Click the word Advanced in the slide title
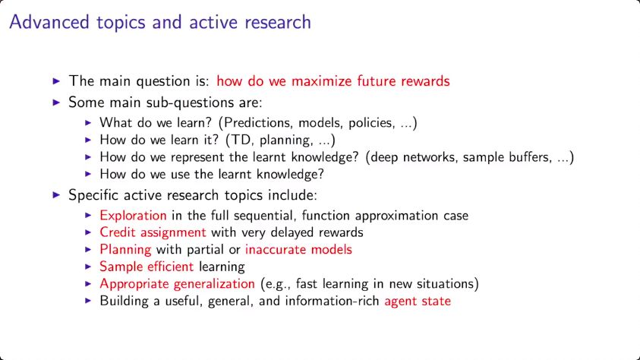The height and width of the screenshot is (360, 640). pyautogui.click(x=49, y=22)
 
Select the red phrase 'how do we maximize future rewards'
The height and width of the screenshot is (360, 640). pyautogui.click(x=333, y=81)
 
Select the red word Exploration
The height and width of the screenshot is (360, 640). pyautogui.click(x=133, y=216)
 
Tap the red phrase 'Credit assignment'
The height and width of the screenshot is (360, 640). pyautogui.click(x=153, y=232)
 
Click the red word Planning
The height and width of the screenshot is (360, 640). pyautogui.click(x=125, y=249)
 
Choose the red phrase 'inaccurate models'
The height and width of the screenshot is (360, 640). pyautogui.click(x=298, y=249)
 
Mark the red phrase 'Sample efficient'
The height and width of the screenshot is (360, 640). pyautogui.click(x=147, y=267)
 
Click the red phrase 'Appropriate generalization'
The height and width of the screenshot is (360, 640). pyautogui.click(x=177, y=284)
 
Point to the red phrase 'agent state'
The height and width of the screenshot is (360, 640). pyautogui.click(x=418, y=302)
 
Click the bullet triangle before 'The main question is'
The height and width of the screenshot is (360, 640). pyautogui.click(x=57, y=81)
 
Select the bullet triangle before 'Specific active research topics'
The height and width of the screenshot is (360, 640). pyautogui.click(x=57, y=195)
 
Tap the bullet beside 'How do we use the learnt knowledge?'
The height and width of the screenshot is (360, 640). pyautogui.click(x=88, y=174)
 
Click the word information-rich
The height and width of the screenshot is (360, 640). pyautogui.click(x=333, y=301)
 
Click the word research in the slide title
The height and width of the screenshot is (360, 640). pyautogui.click(x=278, y=23)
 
